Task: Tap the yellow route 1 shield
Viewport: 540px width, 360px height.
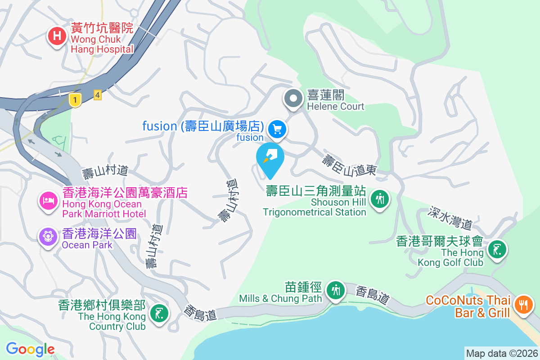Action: pyautogui.click(x=75, y=100)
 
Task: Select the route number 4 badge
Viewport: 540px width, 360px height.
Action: pyautogui.click(x=98, y=95)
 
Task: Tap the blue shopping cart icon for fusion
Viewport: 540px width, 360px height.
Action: pyautogui.click(x=277, y=130)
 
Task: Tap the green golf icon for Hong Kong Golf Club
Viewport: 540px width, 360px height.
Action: pyautogui.click(x=496, y=249)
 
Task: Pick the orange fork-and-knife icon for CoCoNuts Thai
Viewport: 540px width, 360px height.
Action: pyautogui.click(x=523, y=304)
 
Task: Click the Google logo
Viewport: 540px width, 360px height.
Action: pyautogui.click(x=30, y=349)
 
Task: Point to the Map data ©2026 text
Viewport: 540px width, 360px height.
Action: pyautogui.click(x=502, y=353)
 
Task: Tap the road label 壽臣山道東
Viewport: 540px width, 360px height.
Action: pyautogui.click(x=349, y=165)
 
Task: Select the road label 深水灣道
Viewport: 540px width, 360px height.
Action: pyautogui.click(x=450, y=217)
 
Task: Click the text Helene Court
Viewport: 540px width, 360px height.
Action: pyautogui.click(x=335, y=107)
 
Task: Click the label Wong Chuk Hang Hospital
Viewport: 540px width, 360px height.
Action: pyautogui.click(x=102, y=44)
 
